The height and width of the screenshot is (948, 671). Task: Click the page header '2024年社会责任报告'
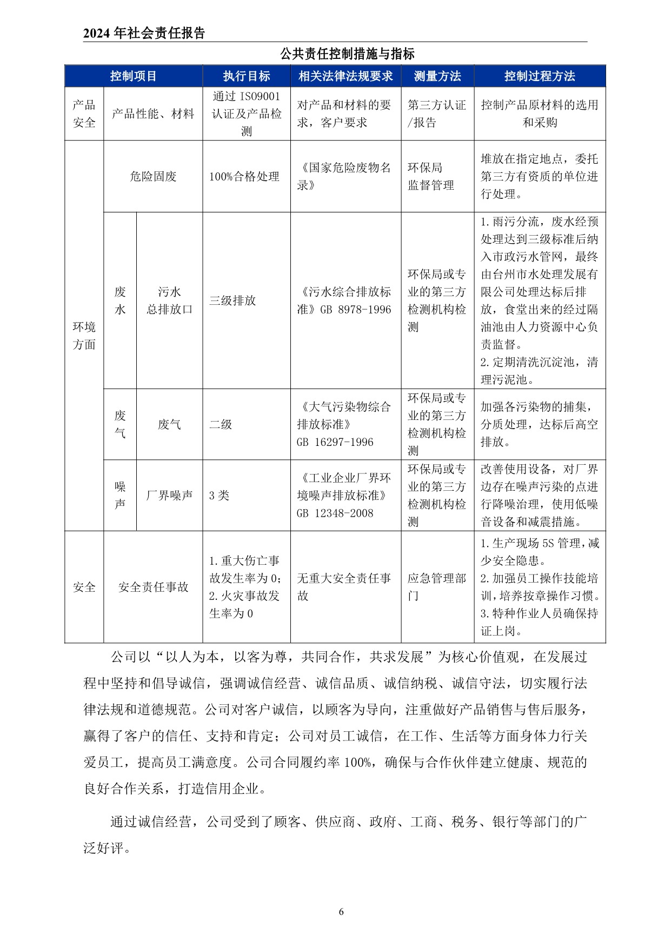click(x=144, y=34)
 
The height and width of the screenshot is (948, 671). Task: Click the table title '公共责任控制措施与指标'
click(x=347, y=54)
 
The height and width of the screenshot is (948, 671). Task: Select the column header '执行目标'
click(x=247, y=76)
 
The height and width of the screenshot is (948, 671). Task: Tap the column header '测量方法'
click(x=437, y=76)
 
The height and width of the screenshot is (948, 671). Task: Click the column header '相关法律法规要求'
click(x=346, y=76)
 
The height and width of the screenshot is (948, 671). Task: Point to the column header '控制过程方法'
click(x=540, y=76)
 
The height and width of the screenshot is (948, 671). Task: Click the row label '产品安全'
click(x=84, y=114)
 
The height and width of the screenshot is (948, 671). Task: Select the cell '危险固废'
click(x=153, y=176)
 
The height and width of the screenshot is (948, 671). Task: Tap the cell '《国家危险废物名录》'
click(x=344, y=176)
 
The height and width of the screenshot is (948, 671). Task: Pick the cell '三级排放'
click(x=232, y=301)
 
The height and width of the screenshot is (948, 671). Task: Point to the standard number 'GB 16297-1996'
click(x=335, y=442)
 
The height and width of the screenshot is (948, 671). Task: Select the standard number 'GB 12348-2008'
click(x=335, y=513)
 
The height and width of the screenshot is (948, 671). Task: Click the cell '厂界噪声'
click(x=169, y=495)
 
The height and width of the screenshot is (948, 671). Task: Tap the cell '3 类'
click(x=219, y=495)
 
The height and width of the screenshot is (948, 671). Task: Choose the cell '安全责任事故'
click(x=153, y=587)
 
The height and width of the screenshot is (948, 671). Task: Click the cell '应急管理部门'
click(x=436, y=587)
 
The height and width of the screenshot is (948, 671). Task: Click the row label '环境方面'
click(x=84, y=336)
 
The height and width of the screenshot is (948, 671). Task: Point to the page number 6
click(x=341, y=912)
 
